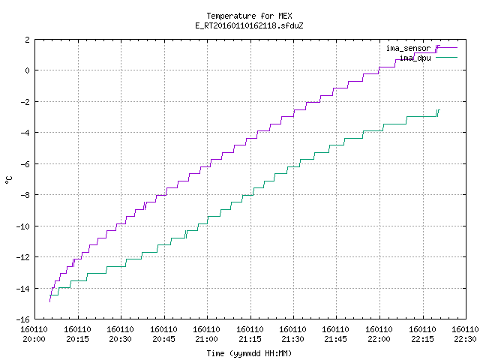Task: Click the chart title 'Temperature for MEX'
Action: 249,16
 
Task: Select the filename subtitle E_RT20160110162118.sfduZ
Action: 249,25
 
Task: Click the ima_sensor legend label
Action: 408,48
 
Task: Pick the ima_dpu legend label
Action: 415,58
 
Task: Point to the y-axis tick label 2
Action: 28,40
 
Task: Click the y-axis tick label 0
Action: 28,70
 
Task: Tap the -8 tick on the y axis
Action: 25,195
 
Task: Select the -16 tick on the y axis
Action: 23,319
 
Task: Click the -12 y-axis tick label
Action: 23,257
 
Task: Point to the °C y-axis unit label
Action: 8,180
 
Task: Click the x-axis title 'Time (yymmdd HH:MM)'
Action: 249,353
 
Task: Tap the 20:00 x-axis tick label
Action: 34,339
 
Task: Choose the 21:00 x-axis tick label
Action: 206,339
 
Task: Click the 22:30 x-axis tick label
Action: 465,339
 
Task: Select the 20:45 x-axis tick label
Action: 163,339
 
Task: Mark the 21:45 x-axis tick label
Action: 336,339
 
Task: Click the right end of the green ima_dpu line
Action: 439,110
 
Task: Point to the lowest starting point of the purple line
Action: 50,301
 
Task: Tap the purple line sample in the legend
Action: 446,48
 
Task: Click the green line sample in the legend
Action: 446,57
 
